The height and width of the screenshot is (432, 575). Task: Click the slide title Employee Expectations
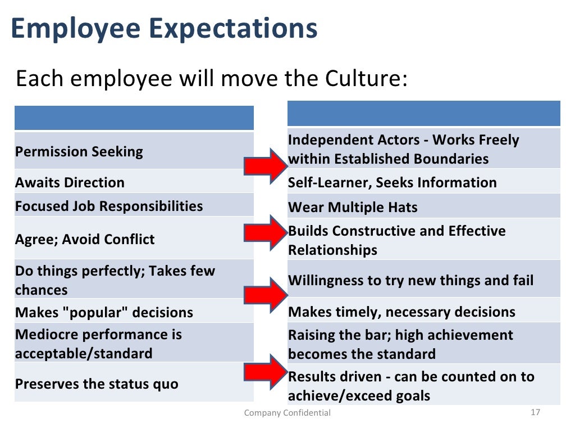[x=164, y=29]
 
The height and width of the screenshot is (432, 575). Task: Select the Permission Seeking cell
[x=79, y=151]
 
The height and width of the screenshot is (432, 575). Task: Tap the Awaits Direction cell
[x=70, y=182]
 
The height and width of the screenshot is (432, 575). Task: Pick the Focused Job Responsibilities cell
[x=109, y=206]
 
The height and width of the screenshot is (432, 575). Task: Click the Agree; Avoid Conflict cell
[x=85, y=239]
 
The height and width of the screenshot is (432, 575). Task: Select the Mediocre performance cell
[x=98, y=344]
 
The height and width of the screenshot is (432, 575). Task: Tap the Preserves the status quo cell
[x=97, y=384]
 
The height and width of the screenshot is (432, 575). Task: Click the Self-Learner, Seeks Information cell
[x=392, y=182]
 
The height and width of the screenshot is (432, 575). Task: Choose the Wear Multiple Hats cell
[x=353, y=207]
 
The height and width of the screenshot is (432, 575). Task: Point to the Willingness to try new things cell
[x=410, y=280]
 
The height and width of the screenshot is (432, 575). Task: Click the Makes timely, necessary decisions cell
[x=401, y=312]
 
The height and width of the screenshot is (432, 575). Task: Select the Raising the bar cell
[x=400, y=344]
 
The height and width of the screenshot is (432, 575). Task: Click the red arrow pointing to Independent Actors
[x=265, y=165]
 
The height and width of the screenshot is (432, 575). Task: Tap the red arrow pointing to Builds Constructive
[x=265, y=231]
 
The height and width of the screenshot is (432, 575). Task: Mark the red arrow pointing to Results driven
[x=265, y=372]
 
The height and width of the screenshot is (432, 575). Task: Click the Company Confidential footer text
[x=287, y=413]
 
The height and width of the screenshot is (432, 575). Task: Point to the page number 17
[x=535, y=412]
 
